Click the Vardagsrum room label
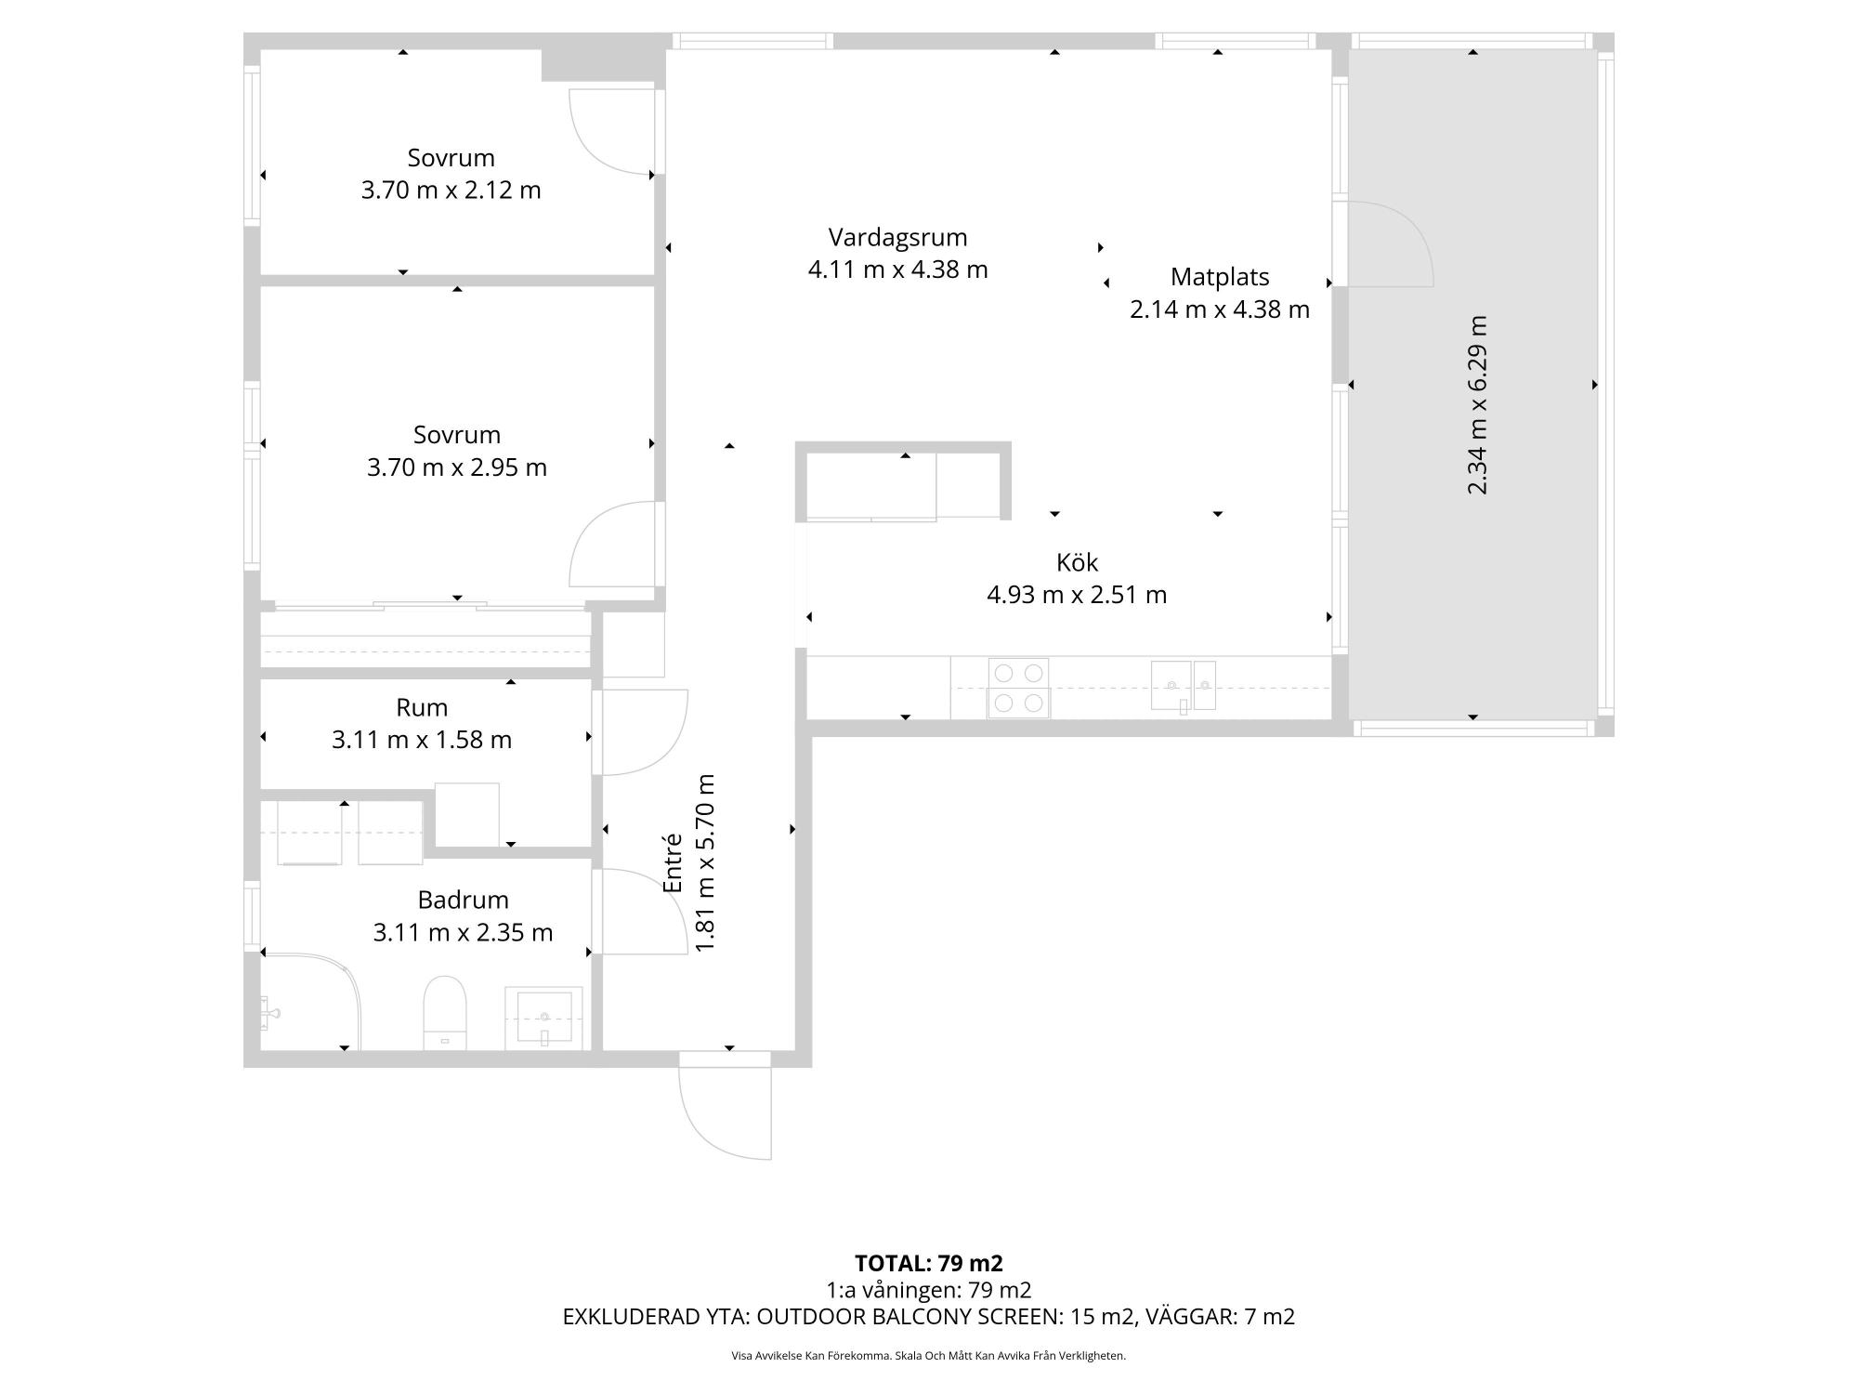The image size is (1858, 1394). [x=897, y=238]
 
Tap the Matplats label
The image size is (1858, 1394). [x=1219, y=277]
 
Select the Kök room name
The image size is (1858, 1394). [x=1077, y=562]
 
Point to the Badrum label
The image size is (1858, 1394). [x=463, y=900]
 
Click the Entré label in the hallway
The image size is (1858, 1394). [x=673, y=863]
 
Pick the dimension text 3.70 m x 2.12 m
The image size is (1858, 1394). [x=451, y=191]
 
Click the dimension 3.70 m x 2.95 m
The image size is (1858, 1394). [x=456, y=467]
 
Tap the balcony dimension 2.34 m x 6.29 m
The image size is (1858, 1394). [x=1477, y=405]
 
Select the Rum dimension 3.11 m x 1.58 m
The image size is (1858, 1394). [x=422, y=740]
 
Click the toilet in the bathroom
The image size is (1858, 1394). [x=445, y=1012]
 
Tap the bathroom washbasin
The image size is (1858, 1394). [x=544, y=1019]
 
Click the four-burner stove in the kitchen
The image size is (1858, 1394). [x=1018, y=689]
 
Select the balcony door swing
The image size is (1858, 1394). [x=1391, y=244]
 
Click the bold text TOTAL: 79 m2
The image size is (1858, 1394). [x=929, y=1263]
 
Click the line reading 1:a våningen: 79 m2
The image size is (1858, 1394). [x=929, y=1290]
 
